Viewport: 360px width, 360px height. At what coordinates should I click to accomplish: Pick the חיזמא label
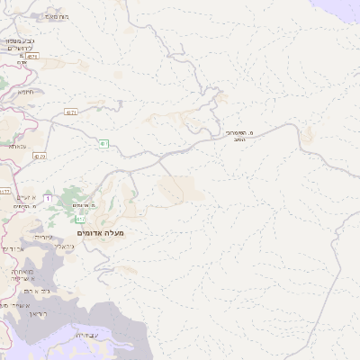pyautogui.click(x=25, y=91)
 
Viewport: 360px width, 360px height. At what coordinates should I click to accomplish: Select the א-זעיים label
pyautogui.click(x=26, y=197)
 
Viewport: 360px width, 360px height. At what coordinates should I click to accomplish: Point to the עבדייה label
pyautogui.click(x=85, y=336)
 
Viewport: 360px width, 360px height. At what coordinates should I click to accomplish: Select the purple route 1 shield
pyautogui.click(x=47, y=198)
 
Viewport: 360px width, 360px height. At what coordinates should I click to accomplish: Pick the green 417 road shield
pyautogui.click(x=80, y=219)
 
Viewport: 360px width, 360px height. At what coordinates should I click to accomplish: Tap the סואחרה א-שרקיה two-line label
pyautogui.click(x=20, y=275)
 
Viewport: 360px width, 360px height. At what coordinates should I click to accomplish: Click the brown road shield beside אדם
pyautogui.click(x=32, y=56)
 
